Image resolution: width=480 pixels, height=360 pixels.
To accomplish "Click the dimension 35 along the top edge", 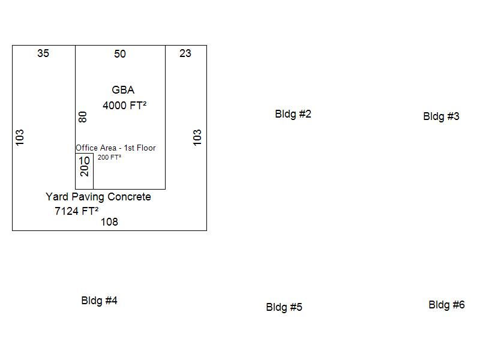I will (43, 53).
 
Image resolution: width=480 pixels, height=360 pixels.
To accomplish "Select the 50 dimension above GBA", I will (120, 54).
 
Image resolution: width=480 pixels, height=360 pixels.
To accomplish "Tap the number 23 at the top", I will (185, 53).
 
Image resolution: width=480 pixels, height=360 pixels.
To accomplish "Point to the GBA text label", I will (123, 90).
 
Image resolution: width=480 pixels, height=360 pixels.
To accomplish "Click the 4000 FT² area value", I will (125, 106).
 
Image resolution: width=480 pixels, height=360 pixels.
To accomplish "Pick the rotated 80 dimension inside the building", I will (83, 117).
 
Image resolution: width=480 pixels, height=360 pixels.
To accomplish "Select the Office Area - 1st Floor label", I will (115, 148).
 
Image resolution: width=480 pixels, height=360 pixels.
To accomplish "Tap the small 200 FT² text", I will (109, 158).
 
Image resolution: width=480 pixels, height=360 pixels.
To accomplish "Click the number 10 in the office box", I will (84, 160).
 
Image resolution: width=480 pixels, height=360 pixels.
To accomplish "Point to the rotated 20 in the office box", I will (85, 170).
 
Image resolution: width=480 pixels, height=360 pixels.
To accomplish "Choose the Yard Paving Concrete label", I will (98, 197).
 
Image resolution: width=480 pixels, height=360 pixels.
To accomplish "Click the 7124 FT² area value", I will (76, 211).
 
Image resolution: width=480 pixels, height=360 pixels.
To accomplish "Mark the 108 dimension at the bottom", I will (109, 222).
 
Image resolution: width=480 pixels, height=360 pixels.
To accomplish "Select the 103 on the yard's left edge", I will (20, 137).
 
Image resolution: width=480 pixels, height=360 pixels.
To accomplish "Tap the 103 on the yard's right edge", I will (197, 137).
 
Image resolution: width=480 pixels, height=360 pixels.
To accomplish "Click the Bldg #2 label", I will (293, 114).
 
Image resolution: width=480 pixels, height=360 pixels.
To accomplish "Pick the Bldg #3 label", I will (441, 116).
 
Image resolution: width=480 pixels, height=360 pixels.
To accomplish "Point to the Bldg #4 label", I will (99, 301).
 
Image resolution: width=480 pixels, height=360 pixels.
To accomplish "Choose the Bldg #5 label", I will (284, 307).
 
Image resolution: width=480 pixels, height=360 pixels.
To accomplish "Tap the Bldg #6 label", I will (446, 305).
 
